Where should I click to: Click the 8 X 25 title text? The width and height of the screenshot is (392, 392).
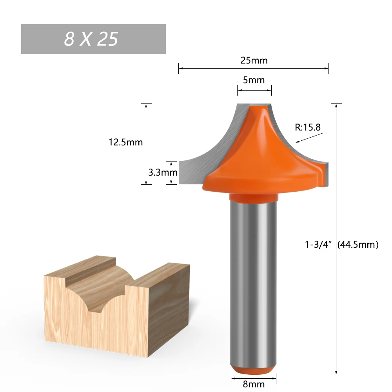(x=91, y=39)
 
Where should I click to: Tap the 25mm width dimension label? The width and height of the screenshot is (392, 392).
(x=254, y=60)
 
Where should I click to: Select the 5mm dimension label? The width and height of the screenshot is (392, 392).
(x=254, y=80)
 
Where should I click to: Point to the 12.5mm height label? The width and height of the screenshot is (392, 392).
(x=125, y=142)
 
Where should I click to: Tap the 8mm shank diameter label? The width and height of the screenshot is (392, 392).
(x=254, y=385)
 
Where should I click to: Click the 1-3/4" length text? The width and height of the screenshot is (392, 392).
(x=319, y=245)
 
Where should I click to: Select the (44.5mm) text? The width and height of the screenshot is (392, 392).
(x=358, y=245)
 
